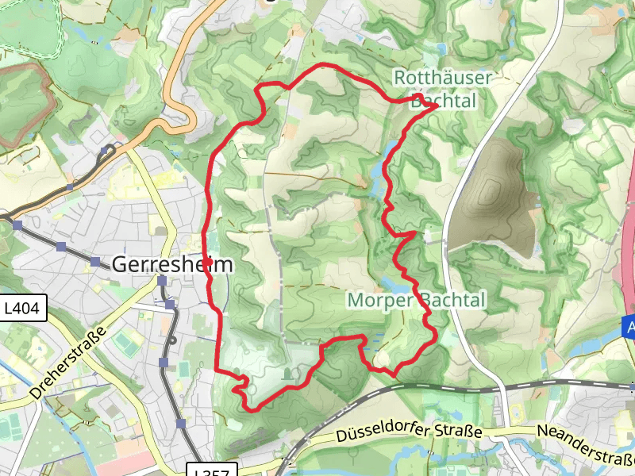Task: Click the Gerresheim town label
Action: tap(173, 264)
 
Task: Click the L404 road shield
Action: tap(25, 309)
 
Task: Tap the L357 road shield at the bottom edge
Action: tap(212, 471)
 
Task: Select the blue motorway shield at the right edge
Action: tap(629, 328)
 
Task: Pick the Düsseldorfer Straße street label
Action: tap(409, 434)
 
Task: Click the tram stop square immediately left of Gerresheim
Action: tap(95, 263)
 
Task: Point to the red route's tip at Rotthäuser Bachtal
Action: tap(436, 106)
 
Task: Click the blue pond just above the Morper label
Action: tap(388, 282)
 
